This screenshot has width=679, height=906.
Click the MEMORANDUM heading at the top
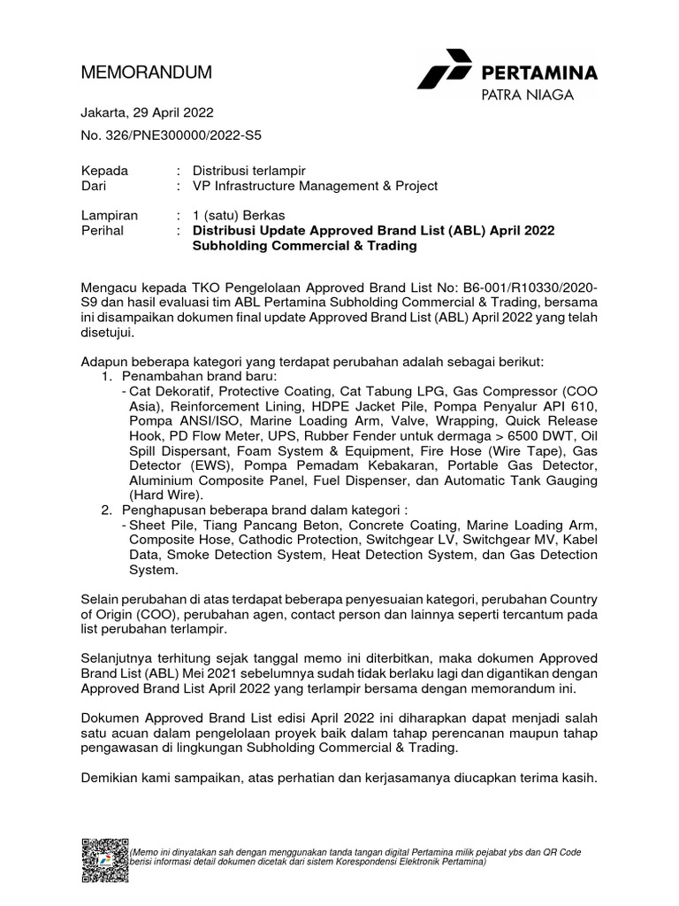(146, 73)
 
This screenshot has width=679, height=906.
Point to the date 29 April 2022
(173, 113)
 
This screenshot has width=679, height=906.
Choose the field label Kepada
(104, 170)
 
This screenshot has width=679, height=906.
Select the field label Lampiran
(109, 215)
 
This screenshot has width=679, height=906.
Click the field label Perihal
(103, 231)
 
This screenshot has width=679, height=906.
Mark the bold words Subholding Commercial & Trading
(304, 247)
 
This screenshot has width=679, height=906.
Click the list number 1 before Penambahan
(104, 377)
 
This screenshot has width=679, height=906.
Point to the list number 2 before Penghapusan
(104, 511)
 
